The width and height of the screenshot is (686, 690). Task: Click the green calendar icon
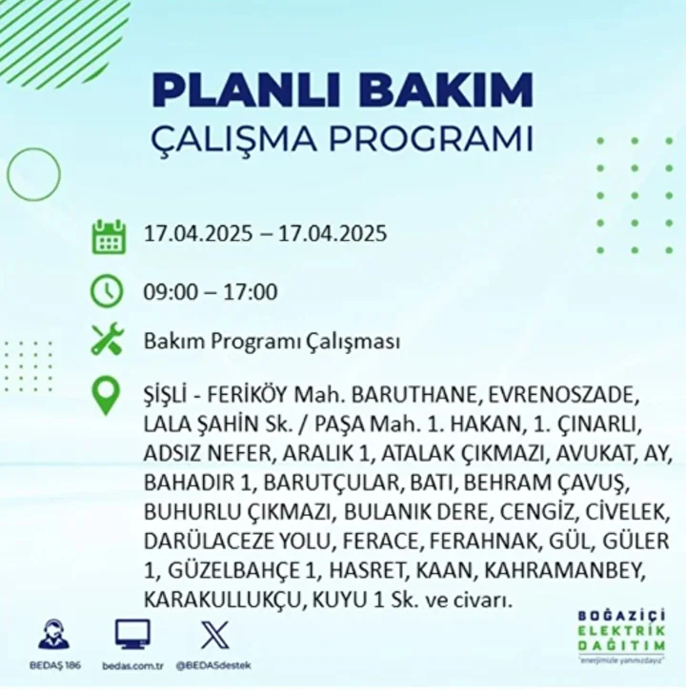109,237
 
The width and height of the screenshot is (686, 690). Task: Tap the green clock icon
107,291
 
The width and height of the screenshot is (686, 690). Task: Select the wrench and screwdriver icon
108,339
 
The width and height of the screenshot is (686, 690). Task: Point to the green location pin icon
106,396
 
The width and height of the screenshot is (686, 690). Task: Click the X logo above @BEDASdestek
215,635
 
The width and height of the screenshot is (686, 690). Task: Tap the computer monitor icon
132,635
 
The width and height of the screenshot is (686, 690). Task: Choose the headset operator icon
53,635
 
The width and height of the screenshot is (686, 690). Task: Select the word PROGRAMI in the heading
432,140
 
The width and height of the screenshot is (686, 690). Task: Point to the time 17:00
251,292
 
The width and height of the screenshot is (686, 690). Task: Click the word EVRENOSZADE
564,395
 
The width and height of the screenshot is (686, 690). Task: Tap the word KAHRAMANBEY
565,571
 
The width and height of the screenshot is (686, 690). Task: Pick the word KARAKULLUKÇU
223,601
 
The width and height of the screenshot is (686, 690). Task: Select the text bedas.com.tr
132,666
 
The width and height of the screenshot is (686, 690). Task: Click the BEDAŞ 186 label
55,665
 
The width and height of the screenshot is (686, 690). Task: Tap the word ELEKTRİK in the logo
621,632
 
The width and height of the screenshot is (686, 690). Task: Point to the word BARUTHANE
414,395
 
